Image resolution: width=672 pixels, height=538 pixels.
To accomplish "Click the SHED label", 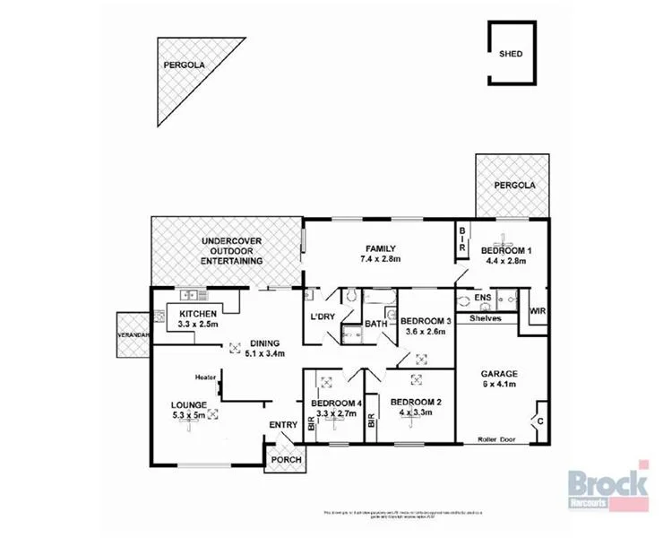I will point(511,54).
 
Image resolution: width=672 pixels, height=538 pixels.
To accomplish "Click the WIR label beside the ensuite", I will point(538,311).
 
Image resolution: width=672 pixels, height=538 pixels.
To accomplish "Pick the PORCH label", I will point(287,461).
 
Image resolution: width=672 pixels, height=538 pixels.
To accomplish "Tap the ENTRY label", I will point(283,425).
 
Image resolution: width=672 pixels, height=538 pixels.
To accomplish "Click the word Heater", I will point(210,377).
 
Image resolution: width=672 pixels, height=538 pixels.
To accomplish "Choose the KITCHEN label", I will point(198,313).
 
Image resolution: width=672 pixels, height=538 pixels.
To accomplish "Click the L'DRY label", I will point(323,317).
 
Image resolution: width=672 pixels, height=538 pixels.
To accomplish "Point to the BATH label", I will point(375,324).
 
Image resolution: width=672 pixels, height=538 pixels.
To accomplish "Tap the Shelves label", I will point(487,318).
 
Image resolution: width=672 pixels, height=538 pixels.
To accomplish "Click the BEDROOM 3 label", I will point(426,321).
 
